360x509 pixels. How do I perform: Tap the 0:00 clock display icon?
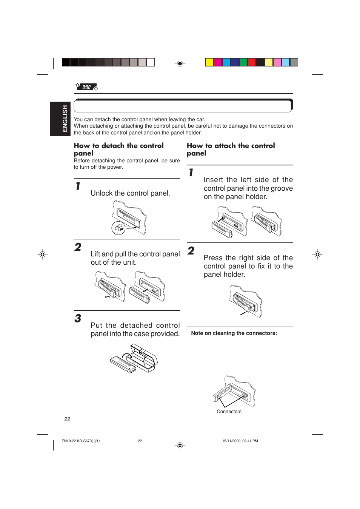86,87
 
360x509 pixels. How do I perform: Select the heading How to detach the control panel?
118,149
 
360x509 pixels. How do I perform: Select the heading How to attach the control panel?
231,149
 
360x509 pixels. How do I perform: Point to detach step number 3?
78,318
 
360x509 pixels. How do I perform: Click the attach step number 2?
191,251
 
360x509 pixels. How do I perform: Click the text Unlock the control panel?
130,193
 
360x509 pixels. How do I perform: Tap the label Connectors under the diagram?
229,412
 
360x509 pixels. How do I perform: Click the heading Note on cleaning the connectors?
234,333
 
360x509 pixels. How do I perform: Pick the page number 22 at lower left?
67,419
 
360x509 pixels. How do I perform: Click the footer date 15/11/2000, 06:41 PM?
240,441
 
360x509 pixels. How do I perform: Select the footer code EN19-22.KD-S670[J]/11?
81,441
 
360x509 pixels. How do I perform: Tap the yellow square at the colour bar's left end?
209,62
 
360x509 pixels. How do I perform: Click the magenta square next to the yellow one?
218,62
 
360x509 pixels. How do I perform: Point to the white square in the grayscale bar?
151,62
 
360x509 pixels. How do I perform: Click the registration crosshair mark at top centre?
180,63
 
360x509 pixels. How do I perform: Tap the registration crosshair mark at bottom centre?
180,445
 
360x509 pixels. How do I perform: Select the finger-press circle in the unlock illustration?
118,228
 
